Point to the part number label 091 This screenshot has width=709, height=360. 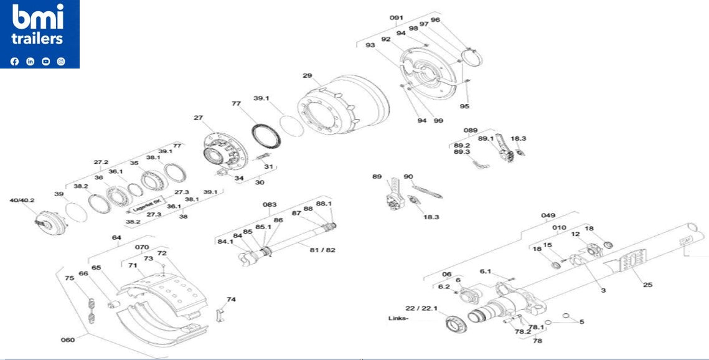[397, 17]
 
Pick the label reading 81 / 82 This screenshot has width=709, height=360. [322, 250]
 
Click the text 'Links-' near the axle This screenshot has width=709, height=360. [398, 318]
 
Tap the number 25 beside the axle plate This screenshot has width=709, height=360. [647, 285]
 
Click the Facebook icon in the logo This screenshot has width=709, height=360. [15, 61]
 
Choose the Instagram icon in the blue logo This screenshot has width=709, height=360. [61, 61]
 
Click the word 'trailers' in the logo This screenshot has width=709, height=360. [38, 39]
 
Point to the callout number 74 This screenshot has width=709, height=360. [231, 299]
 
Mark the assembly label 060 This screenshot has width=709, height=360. [68, 339]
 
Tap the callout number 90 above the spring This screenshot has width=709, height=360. [408, 177]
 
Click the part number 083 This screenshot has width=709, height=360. [270, 204]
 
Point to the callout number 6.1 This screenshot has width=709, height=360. [486, 271]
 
